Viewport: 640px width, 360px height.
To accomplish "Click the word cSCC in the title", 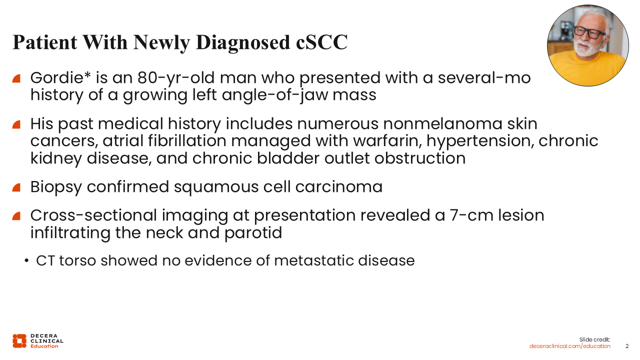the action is (321, 42).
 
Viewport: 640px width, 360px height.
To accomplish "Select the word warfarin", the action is (387, 141).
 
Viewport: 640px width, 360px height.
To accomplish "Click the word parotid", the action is (253, 233).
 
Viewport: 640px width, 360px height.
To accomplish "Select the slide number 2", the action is (627, 346).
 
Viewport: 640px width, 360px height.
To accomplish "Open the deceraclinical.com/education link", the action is (569, 346).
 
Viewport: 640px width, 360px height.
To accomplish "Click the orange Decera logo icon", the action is (19, 341).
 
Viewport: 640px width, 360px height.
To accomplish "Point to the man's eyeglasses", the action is (589, 32).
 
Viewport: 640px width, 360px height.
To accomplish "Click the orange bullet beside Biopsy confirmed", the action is (16, 187).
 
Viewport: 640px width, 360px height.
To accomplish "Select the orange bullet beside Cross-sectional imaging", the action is (16, 216).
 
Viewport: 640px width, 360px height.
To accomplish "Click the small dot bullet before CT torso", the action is (26, 261).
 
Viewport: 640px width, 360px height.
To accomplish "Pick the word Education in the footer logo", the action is (44, 346).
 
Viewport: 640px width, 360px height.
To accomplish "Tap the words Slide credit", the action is (594, 339).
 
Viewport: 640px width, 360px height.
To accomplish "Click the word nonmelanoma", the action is (442, 124).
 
